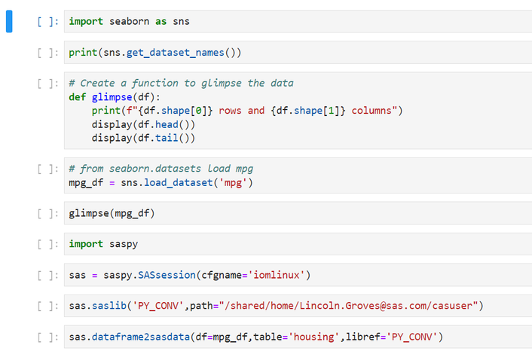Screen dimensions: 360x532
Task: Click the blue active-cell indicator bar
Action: click(10, 21)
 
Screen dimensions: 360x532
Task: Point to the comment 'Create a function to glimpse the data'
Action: click(181, 83)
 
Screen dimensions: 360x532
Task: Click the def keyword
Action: click(77, 97)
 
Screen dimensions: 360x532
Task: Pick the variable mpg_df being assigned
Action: click(86, 183)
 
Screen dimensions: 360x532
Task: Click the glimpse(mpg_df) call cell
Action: click(112, 214)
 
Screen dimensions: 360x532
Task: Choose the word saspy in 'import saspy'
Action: click(124, 244)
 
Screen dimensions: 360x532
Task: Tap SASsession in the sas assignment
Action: click(167, 275)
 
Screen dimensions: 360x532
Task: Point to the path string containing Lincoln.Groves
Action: click(347, 305)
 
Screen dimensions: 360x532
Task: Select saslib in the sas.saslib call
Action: click(109, 305)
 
